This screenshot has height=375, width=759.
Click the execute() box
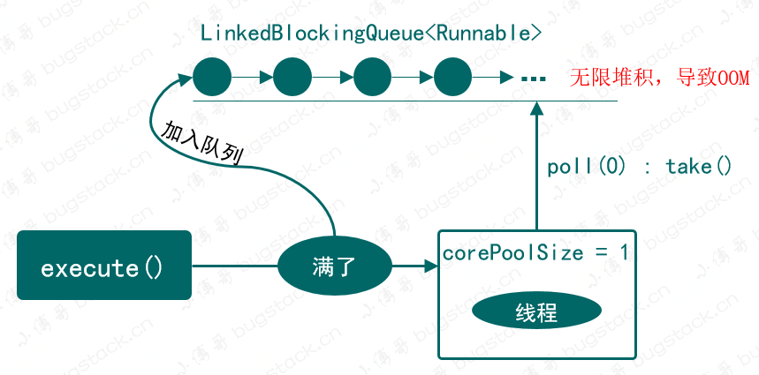pos(104,265)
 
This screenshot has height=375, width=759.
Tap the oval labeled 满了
pos(333,265)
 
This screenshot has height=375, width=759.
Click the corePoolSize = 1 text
pos(535,252)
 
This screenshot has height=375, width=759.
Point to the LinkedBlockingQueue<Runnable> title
pos(371,34)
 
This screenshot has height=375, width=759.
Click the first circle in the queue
pos(212,78)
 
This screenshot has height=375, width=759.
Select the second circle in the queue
pos(292,78)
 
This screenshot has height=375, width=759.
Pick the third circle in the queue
pos(372,78)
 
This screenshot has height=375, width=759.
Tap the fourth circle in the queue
pos(453,78)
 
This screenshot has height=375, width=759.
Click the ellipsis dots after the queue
pos(533,79)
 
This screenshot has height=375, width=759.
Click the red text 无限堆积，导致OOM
pos(659,78)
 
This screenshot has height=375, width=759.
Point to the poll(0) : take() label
pos(640,166)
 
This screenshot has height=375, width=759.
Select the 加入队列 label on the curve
pos(202,141)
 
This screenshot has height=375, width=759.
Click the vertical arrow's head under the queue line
pos(535,109)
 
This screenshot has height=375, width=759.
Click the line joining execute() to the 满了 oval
pos(235,265)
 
